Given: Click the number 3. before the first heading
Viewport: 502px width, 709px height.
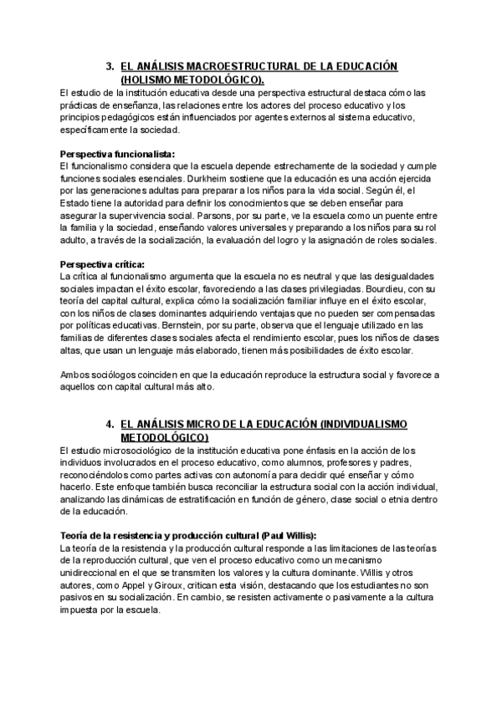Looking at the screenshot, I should [x=110, y=66].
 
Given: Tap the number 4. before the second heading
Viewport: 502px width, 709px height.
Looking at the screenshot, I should [x=110, y=425].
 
